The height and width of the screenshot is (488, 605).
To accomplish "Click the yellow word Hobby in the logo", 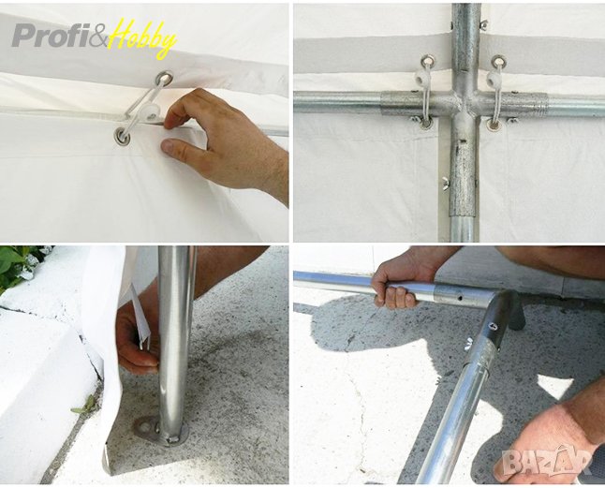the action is click(x=142, y=37).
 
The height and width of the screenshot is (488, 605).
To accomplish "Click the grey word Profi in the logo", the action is click(x=51, y=36).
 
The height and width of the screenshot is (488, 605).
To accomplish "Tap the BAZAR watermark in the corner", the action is click(x=548, y=460).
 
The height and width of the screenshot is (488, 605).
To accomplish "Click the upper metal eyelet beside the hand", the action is click(x=164, y=79).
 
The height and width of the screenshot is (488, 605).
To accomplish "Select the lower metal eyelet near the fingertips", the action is click(x=123, y=136).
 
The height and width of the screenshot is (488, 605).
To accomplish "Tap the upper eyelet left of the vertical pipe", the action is click(x=427, y=61).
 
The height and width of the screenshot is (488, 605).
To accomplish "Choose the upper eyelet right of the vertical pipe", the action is click(x=499, y=61).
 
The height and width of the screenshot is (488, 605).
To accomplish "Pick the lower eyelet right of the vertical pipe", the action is click(x=493, y=125).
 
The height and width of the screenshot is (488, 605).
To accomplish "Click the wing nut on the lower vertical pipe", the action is click(x=445, y=180).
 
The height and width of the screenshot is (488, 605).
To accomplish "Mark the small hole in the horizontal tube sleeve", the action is click(x=460, y=298).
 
